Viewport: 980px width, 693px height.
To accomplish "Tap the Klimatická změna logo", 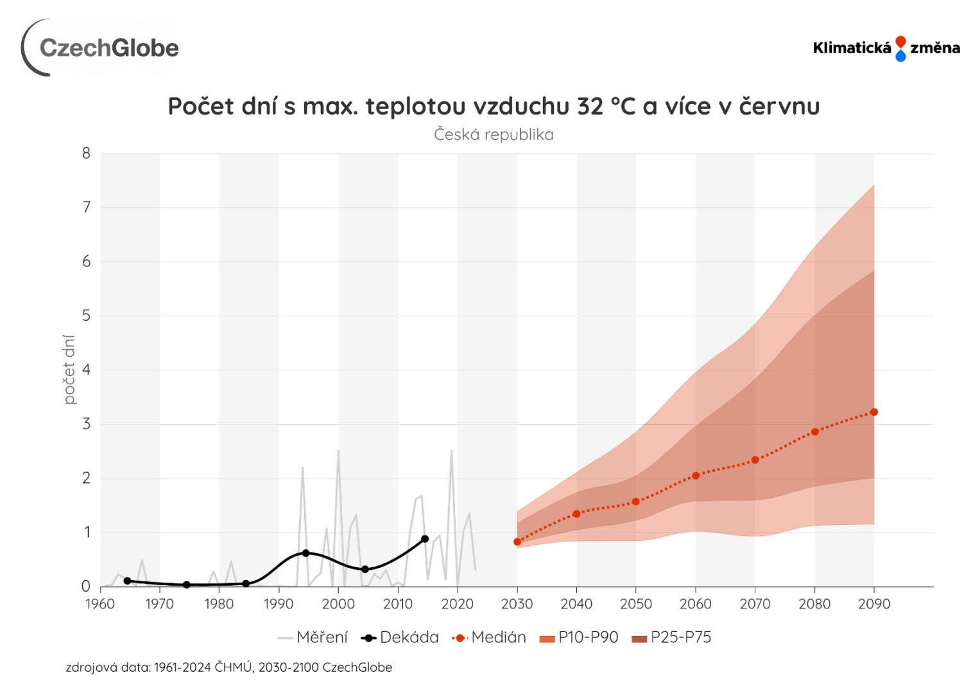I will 886,48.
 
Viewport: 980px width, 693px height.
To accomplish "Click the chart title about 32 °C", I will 494,107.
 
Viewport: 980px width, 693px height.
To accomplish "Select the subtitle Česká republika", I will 494,135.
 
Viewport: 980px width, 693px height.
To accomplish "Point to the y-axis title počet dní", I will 69,369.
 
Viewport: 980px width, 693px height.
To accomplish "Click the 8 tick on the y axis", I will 87,153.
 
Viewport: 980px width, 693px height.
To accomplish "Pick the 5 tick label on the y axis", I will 87,316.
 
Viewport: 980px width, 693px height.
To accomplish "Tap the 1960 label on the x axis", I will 100,604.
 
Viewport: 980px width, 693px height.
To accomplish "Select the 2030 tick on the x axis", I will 517,604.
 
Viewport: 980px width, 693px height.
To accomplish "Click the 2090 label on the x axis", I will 874,604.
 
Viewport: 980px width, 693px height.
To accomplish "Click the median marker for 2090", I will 874,412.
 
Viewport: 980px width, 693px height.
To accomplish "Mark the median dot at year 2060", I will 696,475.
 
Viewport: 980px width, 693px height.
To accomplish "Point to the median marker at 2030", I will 517,542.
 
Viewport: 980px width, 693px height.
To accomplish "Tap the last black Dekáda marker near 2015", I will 425,539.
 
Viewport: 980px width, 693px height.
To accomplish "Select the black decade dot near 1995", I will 305,553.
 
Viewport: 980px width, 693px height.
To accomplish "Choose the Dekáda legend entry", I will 400,637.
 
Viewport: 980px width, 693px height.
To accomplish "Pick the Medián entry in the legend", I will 489,637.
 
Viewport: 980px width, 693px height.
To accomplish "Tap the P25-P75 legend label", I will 672,637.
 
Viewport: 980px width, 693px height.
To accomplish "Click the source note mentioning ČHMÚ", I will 228,667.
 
